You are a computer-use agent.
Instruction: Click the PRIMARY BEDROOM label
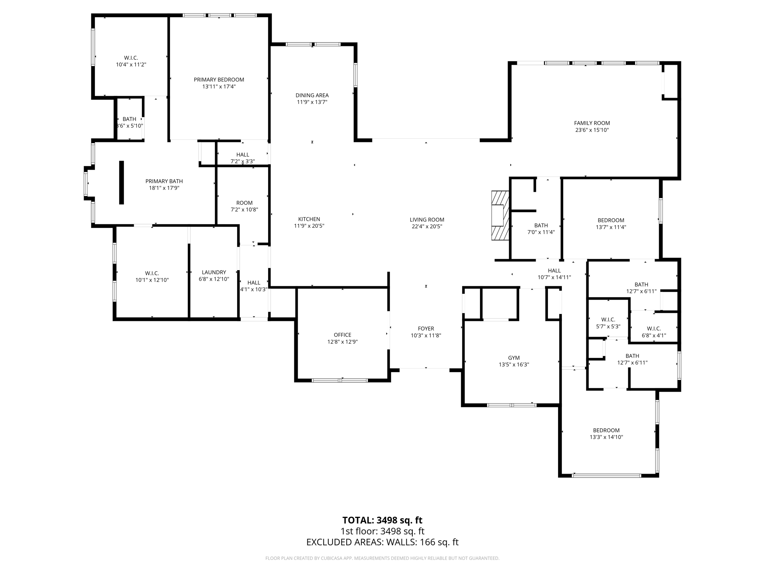[219, 80]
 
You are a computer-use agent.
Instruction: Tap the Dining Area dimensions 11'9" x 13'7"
[312, 102]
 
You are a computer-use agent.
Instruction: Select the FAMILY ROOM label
[592, 123]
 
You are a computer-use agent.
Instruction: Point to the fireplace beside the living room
[500, 215]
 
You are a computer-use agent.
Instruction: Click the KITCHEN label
[309, 219]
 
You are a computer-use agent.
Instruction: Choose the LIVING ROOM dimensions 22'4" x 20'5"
[427, 226]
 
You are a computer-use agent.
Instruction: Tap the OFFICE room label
[342, 335]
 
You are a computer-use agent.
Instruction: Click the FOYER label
[426, 329]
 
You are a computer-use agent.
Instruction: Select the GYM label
[514, 358]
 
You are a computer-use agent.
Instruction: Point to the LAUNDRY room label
[214, 272]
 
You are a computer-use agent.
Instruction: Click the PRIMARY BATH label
[164, 181]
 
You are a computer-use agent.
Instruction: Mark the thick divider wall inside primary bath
[121, 182]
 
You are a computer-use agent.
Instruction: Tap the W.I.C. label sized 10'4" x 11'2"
[131, 58]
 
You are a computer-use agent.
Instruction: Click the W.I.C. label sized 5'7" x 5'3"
[608, 320]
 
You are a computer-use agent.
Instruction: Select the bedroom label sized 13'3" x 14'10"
[606, 430]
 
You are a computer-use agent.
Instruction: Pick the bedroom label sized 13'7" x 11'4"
[611, 220]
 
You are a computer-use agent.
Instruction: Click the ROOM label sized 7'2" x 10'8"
[244, 203]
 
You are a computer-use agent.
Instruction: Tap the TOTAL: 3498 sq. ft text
[382, 520]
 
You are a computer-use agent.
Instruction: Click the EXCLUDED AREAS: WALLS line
[382, 542]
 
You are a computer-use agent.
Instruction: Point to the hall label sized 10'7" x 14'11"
[554, 271]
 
